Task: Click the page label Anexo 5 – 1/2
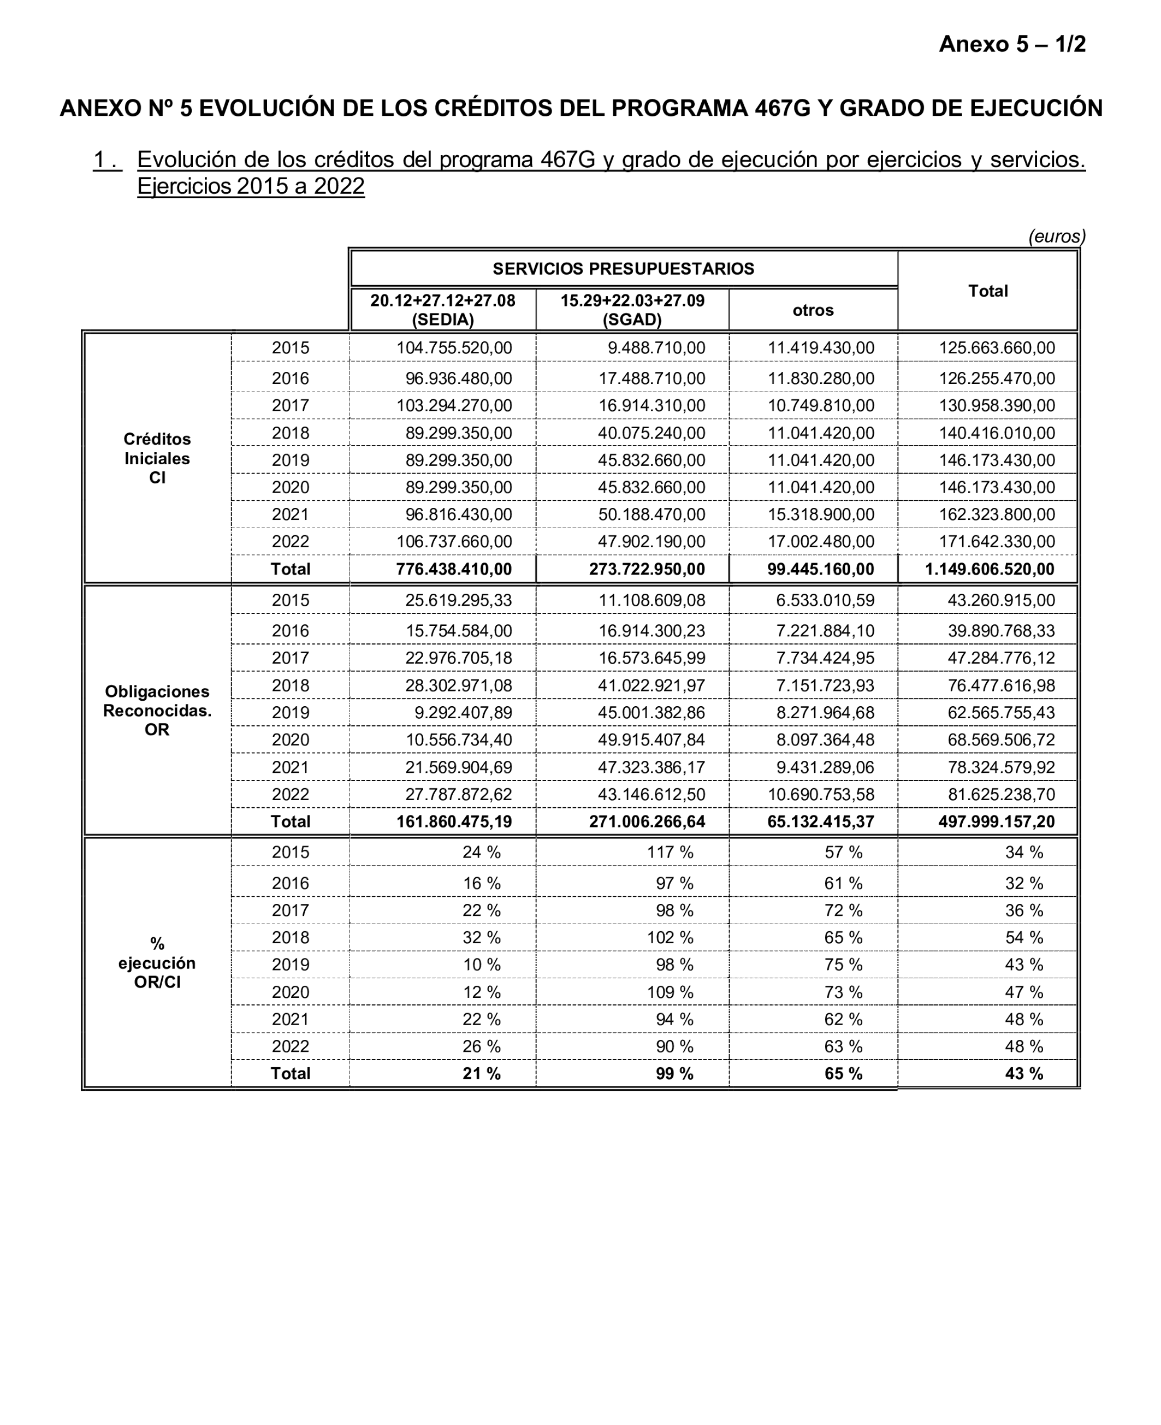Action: pos(1012,44)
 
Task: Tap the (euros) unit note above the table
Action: pos(1057,236)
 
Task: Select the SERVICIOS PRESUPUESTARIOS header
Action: pos(623,269)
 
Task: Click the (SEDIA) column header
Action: pos(443,310)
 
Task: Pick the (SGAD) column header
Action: pos(632,310)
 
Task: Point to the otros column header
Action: pos(813,310)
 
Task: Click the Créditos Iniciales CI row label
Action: pos(157,458)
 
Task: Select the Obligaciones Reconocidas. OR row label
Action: pos(157,710)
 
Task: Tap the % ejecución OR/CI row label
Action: pos(157,963)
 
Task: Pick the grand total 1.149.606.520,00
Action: pos(989,569)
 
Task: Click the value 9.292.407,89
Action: pos(463,712)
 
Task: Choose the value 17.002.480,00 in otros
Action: pos(821,542)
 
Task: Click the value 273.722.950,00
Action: pos(647,569)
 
